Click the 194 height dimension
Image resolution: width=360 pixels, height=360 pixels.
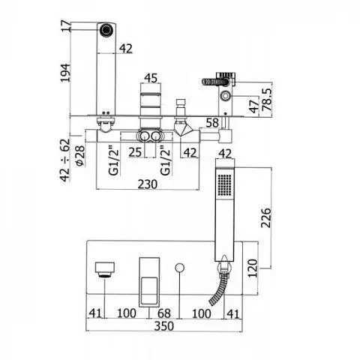point(65,73)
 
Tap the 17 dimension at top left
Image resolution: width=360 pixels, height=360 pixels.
point(66,26)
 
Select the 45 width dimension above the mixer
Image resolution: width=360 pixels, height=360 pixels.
point(151,78)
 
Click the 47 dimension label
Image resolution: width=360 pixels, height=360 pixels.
point(254,106)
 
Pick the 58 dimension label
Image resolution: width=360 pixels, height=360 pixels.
point(212,122)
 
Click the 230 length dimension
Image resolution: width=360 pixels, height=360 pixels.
point(148,184)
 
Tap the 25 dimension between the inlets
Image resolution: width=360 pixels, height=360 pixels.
point(135,152)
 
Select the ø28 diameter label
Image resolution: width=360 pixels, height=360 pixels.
point(80,156)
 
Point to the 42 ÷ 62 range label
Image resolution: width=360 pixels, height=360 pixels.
point(65,160)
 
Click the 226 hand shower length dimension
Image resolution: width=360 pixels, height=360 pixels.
point(265,217)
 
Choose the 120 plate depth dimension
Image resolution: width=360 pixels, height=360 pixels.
point(253,268)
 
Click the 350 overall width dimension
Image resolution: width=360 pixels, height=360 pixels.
point(164,326)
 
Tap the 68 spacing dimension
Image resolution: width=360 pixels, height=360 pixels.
point(164,313)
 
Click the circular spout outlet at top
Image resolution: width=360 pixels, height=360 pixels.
point(106,29)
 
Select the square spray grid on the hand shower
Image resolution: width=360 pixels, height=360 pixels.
point(225,184)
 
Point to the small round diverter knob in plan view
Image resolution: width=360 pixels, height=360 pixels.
point(179,267)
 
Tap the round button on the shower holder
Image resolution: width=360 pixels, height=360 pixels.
point(226,96)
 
